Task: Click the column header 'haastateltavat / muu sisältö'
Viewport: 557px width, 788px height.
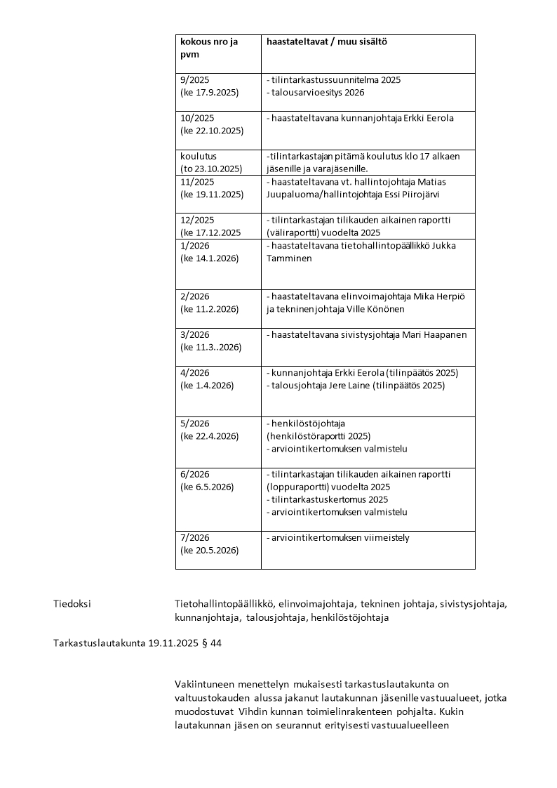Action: (x=327, y=41)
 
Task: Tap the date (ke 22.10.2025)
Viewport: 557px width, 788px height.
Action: (x=212, y=131)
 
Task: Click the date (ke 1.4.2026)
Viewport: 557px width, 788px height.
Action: (x=207, y=385)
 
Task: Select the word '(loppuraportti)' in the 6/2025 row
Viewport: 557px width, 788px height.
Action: (x=297, y=487)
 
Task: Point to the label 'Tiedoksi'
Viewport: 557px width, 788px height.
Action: (x=72, y=603)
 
